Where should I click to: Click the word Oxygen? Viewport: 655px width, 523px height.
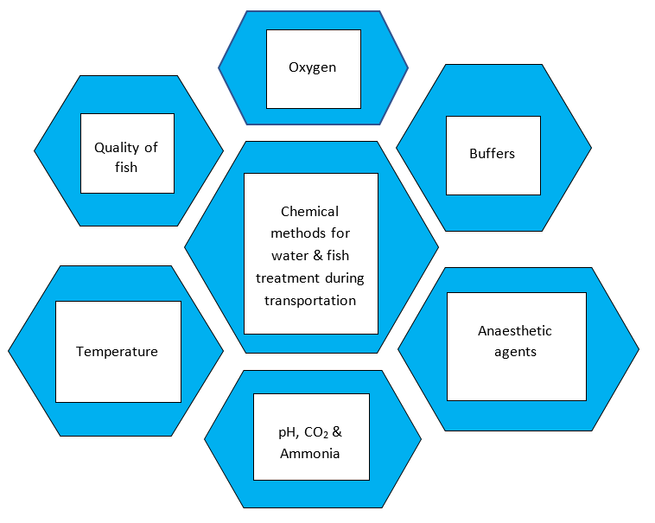click(x=312, y=67)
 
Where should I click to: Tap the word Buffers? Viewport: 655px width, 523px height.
click(x=492, y=154)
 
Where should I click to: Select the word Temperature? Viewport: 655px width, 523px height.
click(x=117, y=352)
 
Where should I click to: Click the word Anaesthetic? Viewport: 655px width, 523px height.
click(x=514, y=331)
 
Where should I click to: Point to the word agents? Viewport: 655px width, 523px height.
click(x=515, y=352)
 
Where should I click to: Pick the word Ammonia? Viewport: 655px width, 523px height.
click(x=309, y=452)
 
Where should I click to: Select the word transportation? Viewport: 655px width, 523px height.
click(x=310, y=300)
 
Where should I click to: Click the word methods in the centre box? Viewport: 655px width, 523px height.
click(x=310, y=233)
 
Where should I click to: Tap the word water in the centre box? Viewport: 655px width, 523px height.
click(x=289, y=256)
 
